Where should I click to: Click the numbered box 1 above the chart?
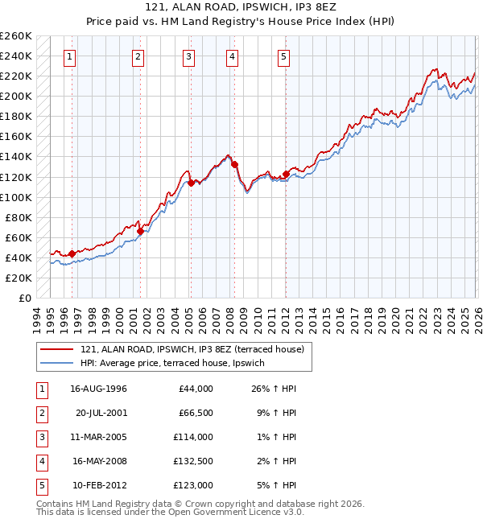71,56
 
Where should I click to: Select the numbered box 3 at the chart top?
188,56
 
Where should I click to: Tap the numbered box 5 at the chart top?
285,56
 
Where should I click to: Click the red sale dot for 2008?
235,164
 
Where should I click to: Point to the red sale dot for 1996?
72,253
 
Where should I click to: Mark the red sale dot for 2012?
287,173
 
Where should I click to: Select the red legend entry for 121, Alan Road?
192,349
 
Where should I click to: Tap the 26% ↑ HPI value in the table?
273,389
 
